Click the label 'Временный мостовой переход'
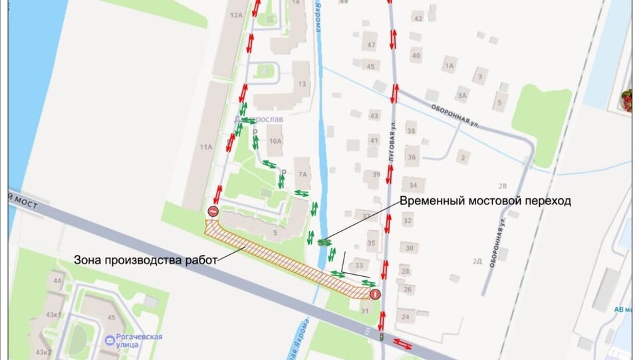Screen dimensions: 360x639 click(x=485, y=200)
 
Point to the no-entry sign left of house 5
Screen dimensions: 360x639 click(x=213, y=212)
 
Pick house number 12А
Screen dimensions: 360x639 click(x=234, y=14)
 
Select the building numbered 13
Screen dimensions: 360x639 click(x=303, y=84)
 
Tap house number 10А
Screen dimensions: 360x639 click(x=275, y=140)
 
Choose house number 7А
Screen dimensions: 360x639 click(x=303, y=175)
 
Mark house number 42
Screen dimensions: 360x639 click(x=418, y=18)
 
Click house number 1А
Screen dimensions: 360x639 click(x=450, y=66)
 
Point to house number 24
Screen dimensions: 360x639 click(x=406, y=317)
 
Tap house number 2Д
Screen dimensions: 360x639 click(x=477, y=261)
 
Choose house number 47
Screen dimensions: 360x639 click(x=371, y=45)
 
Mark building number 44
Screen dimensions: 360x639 click(x=57, y=281)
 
